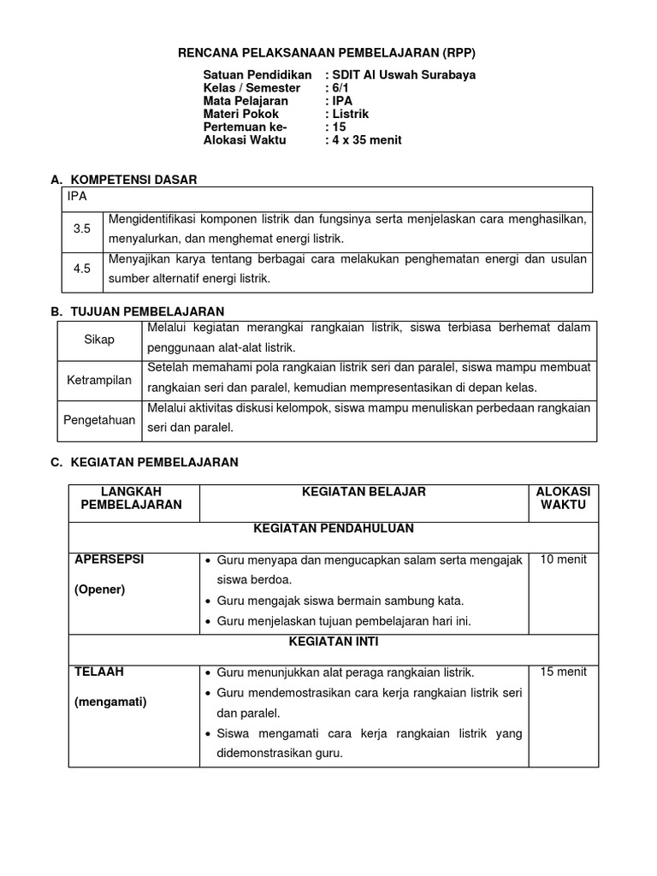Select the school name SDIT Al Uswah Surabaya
click(402, 75)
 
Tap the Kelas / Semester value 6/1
click(340, 88)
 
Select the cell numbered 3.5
click(82, 229)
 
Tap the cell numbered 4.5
click(82, 269)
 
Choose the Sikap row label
click(99, 340)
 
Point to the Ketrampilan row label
click(99, 380)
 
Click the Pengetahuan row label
click(99, 420)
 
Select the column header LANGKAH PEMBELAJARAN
click(132, 498)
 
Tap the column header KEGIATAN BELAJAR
click(364, 492)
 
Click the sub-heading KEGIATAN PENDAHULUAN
click(334, 529)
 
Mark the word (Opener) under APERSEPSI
click(100, 589)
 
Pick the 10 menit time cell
click(564, 559)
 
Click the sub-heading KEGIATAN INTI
click(334, 641)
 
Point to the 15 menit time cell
click(564, 672)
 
